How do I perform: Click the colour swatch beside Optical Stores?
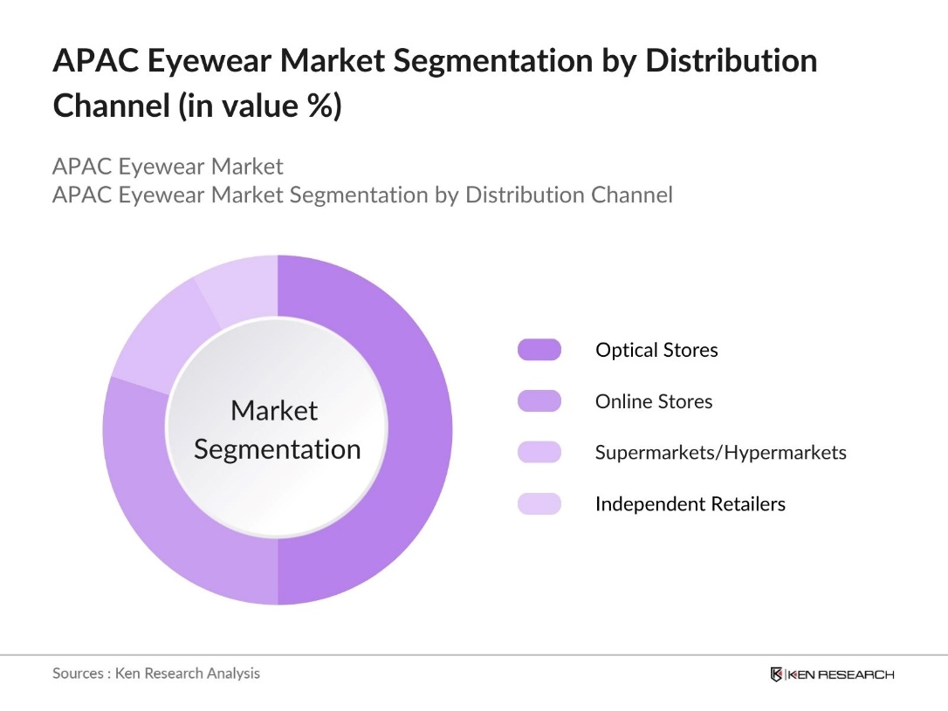point(539,350)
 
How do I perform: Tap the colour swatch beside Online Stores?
point(539,401)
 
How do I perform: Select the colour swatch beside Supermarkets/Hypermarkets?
point(539,453)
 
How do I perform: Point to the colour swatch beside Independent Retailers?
point(539,504)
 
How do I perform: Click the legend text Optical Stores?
point(656,350)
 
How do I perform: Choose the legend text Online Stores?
point(654,401)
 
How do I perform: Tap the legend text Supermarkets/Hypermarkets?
point(720,453)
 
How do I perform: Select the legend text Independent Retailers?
point(690,504)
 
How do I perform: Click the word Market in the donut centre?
point(274,410)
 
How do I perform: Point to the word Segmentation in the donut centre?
point(277,449)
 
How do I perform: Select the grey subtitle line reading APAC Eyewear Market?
point(168,166)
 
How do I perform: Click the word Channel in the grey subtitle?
point(622,194)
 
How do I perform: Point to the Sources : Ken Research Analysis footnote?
point(156,673)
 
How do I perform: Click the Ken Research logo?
point(832,674)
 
